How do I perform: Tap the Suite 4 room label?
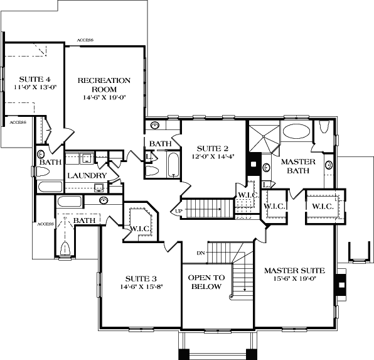click(26, 79)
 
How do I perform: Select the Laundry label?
click(86, 175)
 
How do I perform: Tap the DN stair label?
click(201, 253)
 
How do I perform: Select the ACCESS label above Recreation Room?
click(85, 40)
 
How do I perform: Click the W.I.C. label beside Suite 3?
click(138, 228)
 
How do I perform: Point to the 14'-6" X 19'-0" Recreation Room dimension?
click(104, 97)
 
